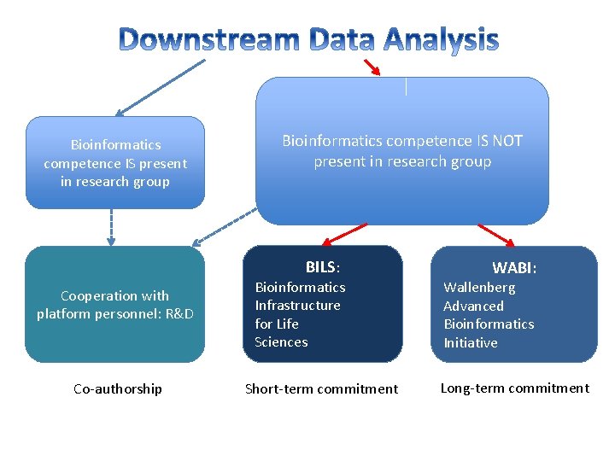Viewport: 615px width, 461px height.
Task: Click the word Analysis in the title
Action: click(441, 40)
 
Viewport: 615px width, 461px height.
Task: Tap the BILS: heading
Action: click(323, 267)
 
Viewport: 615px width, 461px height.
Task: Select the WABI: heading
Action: click(514, 268)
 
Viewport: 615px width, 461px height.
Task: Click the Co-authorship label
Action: click(117, 389)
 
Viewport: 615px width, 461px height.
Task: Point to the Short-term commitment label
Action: click(321, 389)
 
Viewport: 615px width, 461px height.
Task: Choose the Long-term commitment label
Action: click(514, 388)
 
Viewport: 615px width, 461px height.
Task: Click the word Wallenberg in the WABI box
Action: click(479, 288)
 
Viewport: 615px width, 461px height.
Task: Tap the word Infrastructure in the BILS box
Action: click(297, 306)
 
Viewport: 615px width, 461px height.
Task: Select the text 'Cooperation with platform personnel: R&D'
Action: click(115, 305)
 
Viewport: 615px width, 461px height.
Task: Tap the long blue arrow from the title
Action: click(161, 87)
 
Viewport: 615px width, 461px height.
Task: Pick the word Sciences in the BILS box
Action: click(281, 342)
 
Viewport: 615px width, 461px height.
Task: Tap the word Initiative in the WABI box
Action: click(470, 343)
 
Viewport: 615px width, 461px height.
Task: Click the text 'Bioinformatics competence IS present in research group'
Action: click(115, 163)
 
